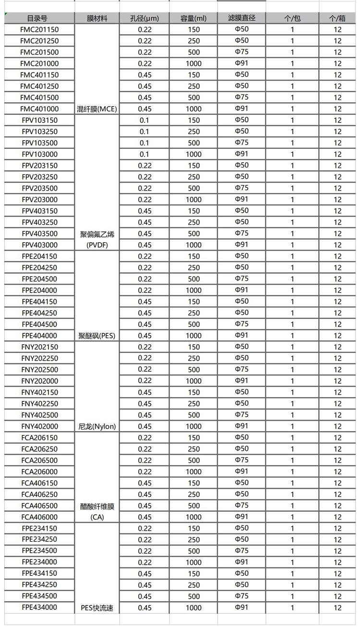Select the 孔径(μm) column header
pyautogui.click(x=144, y=18)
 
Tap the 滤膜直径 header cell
pyautogui.click(x=242, y=18)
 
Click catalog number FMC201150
pyautogui.click(x=39, y=29)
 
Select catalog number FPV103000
pyautogui.click(x=39, y=154)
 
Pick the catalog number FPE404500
pyautogui.click(x=39, y=324)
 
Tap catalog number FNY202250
pyautogui.click(x=39, y=358)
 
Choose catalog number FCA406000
pyautogui.click(x=39, y=517)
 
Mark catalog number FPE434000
pyautogui.click(x=39, y=607)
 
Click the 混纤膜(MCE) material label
pyautogui.click(x=97, y=109)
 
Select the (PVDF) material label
pyautogui.click(x=97, y=245)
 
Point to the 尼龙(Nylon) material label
pyautogui.click(x=97, y=426)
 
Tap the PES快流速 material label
pyautogui.click(x=97, y=608)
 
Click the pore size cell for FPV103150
pyautogui.click(x=144, y=120)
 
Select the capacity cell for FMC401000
pyautogui.click(x=193, y=109)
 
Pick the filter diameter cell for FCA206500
pyautogui.click(x=242, y=460)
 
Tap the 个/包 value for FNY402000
pyautogui.click(x=292, y=426)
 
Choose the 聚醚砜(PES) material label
pyautogui.click(x=97, y=336)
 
